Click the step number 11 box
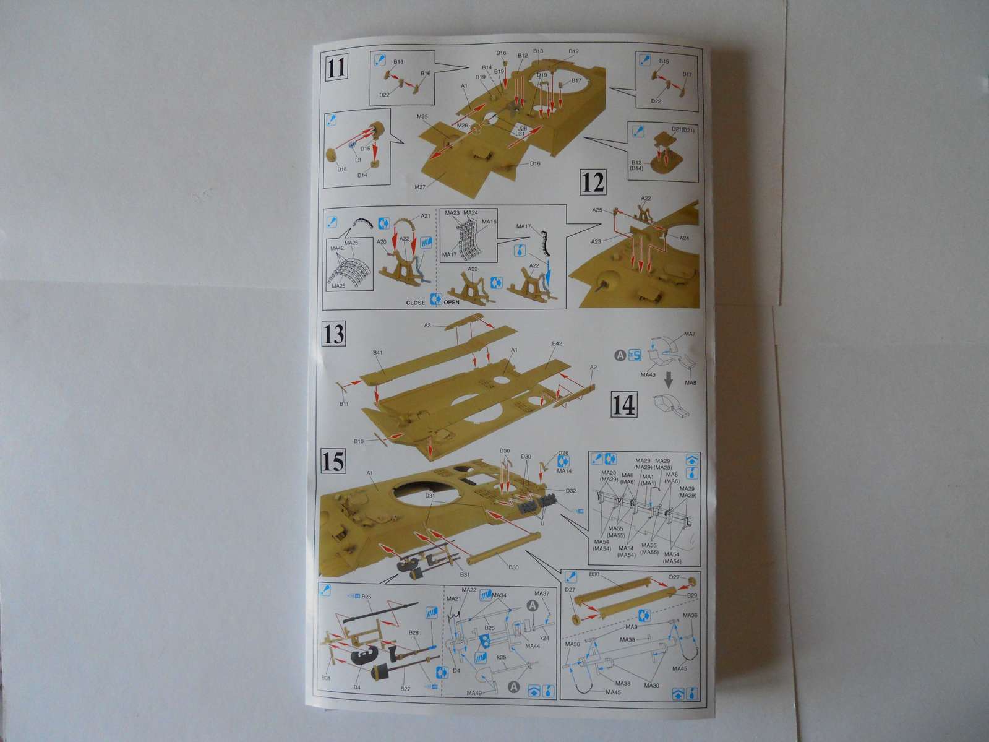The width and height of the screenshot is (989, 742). pyautogui.click(x=336, y=68)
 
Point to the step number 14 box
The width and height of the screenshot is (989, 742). pyautogui.click(x=623, y=405)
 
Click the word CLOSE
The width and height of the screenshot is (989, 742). pyautogui.click(x=416, y=303)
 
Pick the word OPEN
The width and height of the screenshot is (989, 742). pyautogui.click(x=452, y=303)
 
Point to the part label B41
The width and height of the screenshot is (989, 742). pyautogui.click(x=379, y=353)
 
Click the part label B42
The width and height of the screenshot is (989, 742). pyautogui.click(x=557, y=343)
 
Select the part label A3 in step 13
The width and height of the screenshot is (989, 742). pyautogui.click(x=427, y=325)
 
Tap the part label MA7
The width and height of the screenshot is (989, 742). pyautogui.click(x=690, y=334)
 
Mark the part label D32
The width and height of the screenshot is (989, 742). pyautogui.click(x=571, y=491)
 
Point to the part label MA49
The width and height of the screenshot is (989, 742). pyautogui.click(x=474, y=692)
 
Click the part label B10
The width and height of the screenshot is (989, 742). pyautogui.click(x=359, y=441)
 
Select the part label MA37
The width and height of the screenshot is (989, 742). pyautogui.click(x=542, y=594)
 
